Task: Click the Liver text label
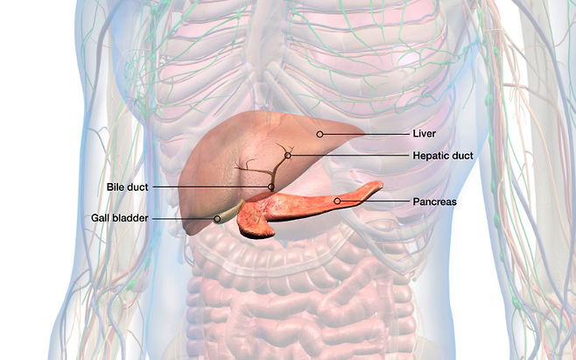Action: coord(424,134)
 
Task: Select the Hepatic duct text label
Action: coord(443,155)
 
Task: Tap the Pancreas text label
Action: coord(434,201)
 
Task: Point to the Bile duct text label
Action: coord(127,187)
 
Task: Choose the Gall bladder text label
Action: coord(119,217)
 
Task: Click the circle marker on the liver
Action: coord(320,134)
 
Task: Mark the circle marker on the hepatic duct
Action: coord(287,155)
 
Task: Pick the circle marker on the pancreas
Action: coord(337,201)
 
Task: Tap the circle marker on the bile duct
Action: coord(270,187)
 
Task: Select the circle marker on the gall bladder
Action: coord(217,218)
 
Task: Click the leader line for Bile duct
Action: coord(210,187)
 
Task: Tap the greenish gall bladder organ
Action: coord(229,213)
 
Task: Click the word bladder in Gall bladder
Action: coord(130,217)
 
